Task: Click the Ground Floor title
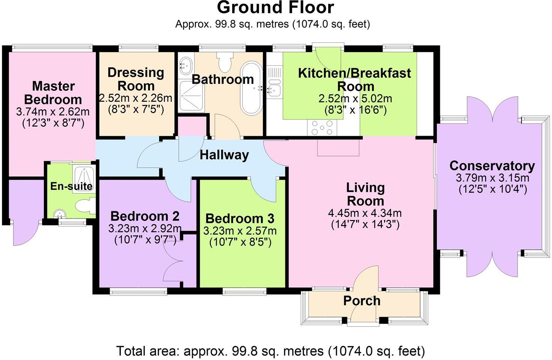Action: coord(275,8)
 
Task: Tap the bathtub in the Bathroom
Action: coord(251,88)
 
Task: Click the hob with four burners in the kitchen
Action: coord(322,127)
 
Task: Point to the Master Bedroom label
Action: coord(53,93)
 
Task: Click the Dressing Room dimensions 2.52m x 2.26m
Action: coord(135,98)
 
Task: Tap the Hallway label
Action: coord(224,155)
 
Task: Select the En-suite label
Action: coord(71,186)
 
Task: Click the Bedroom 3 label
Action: coord(240,218)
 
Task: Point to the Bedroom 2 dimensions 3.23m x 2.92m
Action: coord(145,228)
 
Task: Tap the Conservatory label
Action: coord(492,165)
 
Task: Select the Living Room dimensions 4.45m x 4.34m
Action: coord(364,213)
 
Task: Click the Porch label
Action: coord(361,301)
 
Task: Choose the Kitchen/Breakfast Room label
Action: coord(354,79)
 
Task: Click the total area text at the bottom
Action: coord(270,351)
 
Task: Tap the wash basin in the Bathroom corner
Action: coord(185,66)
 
